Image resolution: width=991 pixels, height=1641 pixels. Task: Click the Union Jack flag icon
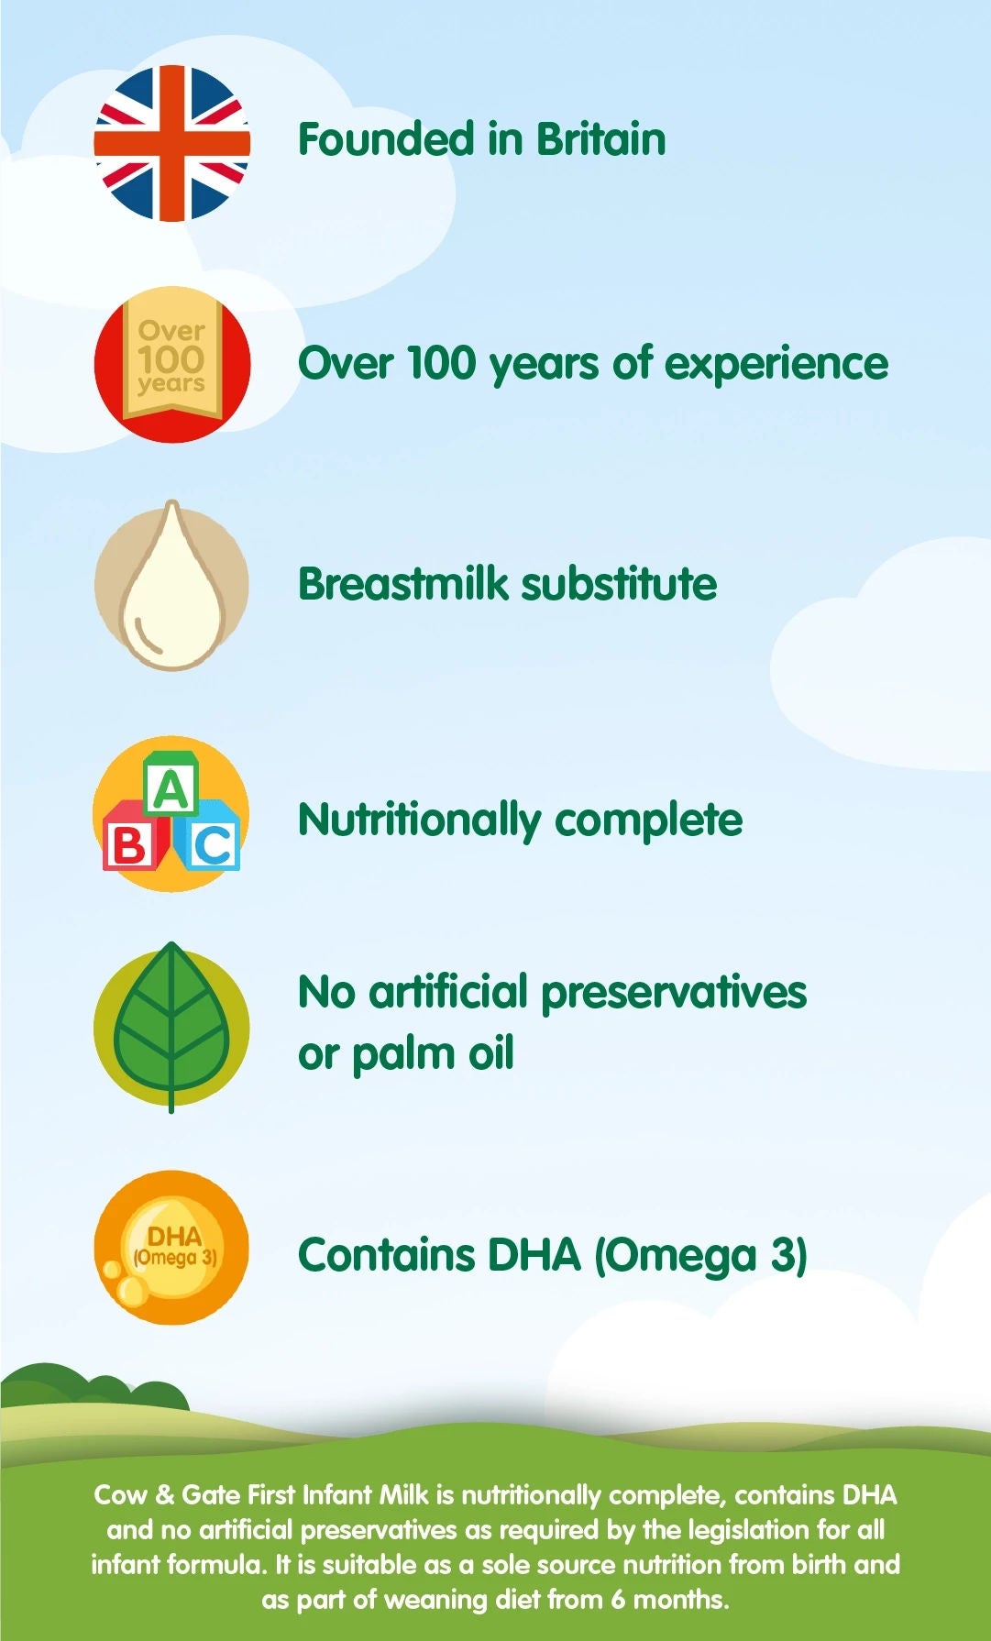(172, 143)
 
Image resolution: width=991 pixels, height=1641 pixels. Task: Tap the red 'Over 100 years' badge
(172, 364)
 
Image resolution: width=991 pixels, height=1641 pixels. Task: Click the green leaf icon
(172, 1027)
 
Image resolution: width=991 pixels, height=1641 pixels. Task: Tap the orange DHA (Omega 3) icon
(172, 1248)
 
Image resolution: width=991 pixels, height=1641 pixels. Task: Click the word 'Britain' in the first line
(601, 139)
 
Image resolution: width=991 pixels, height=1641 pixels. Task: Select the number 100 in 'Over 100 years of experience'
(440, 364)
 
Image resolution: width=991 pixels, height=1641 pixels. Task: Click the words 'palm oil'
(433, 1054)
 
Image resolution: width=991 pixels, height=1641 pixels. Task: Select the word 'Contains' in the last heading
(387, 1255)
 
